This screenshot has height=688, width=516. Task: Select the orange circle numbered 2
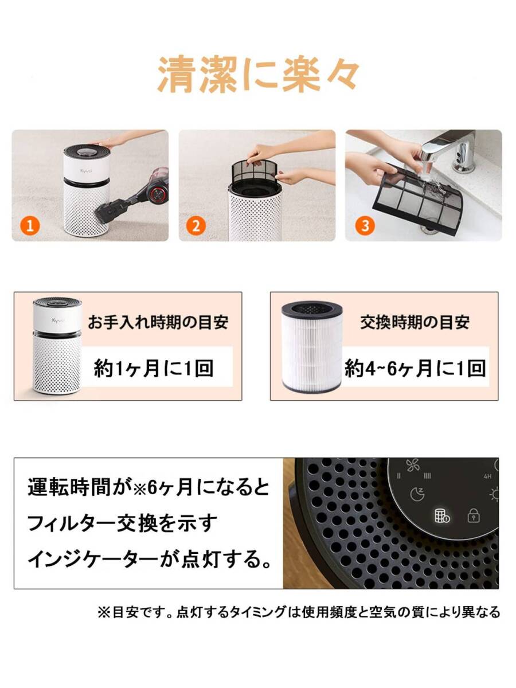[x=197, y=225]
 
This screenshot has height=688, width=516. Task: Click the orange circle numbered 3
[x=363, y=225]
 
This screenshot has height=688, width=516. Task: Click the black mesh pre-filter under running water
[x=419, y=198]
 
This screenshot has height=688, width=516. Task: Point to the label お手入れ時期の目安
[x=158, y=322]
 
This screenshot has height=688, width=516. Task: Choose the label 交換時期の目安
[x=415, y=322]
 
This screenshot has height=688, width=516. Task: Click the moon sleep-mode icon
[x=417, y=494]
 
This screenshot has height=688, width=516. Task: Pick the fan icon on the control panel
[x=413, y=466]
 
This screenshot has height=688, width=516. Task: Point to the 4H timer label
[x=487, y=476]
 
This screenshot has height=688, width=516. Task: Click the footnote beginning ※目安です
[x=298, y=612]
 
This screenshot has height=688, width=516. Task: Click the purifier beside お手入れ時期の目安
[x=56, y=346]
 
